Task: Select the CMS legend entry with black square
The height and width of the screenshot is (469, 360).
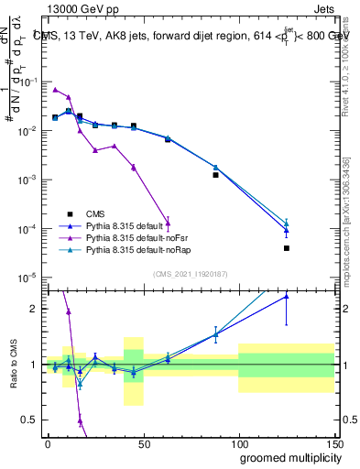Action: [94, 213]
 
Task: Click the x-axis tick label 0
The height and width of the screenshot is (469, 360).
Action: [48, 442]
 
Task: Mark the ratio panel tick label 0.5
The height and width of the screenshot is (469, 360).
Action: [28, 422]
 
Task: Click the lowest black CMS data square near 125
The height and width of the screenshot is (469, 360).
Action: [287, 248]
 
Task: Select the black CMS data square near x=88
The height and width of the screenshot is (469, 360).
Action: [215, 174]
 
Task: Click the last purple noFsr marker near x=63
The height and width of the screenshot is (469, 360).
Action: [167, 222]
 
